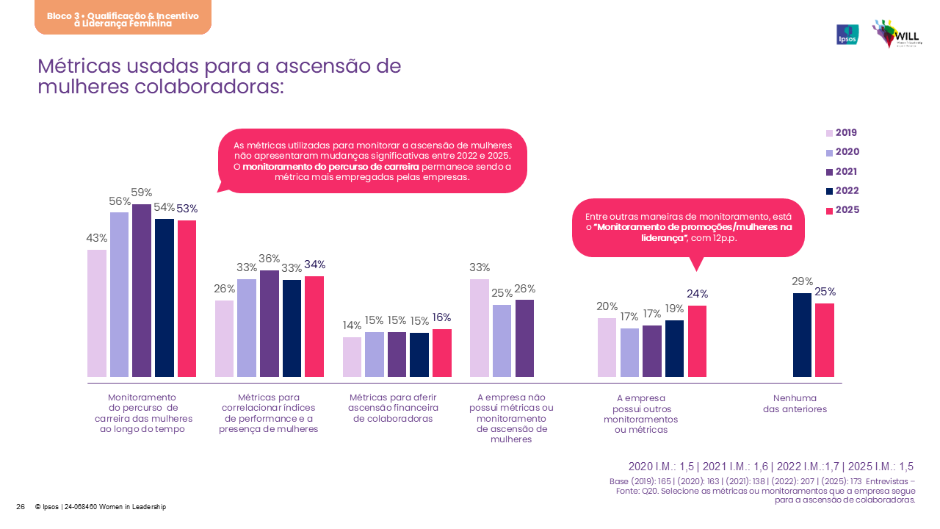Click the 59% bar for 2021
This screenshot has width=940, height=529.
142,290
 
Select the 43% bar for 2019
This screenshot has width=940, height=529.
97,313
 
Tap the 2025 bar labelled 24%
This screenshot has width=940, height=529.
697,341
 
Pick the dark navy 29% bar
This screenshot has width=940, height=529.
802,334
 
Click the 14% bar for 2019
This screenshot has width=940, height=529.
352,357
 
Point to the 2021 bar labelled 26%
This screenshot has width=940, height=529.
524,338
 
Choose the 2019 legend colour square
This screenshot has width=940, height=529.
830,134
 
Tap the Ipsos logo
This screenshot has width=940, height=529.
847,35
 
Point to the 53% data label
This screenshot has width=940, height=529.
187,209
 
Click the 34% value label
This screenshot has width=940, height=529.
314,264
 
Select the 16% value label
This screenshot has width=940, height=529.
441,317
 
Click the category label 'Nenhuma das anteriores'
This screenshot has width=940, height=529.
795,403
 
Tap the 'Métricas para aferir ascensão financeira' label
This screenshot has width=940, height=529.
393,408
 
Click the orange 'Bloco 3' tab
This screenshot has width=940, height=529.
123,18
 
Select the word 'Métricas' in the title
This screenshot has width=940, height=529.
80,66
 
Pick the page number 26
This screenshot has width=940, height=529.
21,507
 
